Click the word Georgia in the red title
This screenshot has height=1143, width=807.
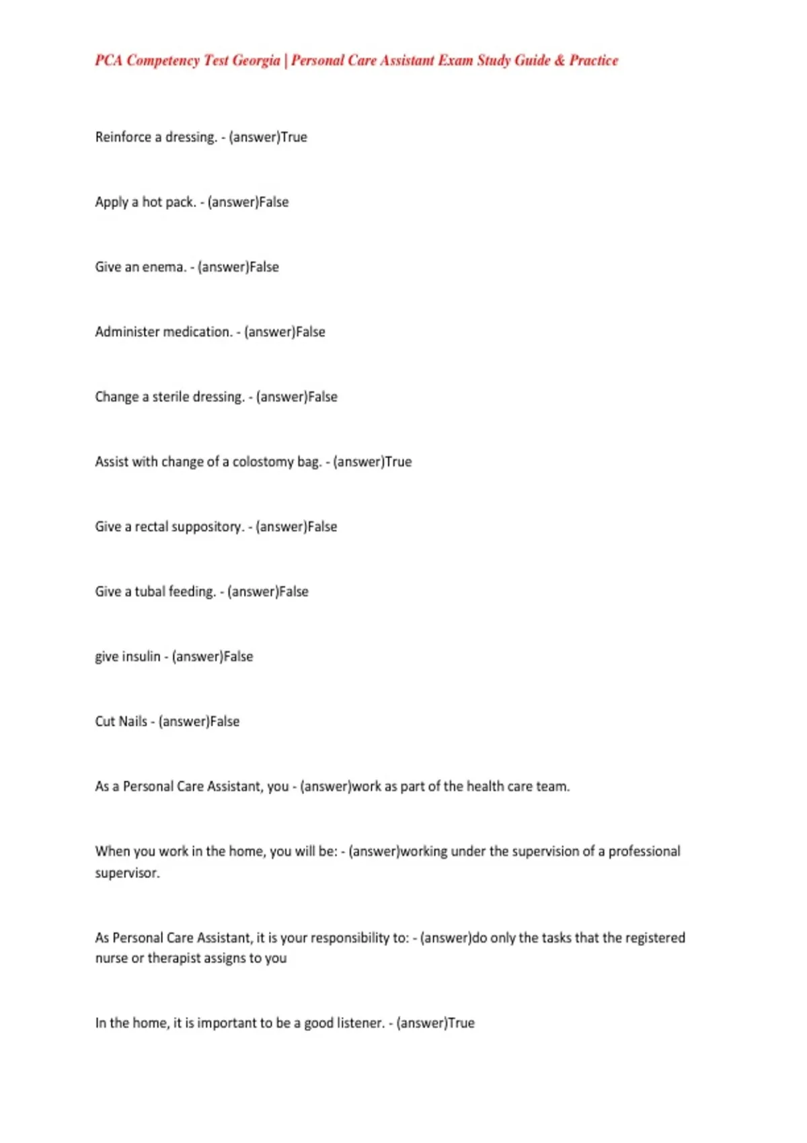click(256, 61)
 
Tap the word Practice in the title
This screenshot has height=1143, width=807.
click(593, 61)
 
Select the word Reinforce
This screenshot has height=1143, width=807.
click(123, 137)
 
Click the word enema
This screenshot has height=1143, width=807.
click(165, 267)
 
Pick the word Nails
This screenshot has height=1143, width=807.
click(132, 721)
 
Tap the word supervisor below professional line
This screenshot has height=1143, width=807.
click(127, 873)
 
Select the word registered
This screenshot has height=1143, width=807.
click(655, 938)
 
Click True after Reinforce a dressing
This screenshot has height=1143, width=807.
click(294, 137)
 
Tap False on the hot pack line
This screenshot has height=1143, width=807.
click(274, 202)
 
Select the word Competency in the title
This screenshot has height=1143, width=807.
click(163, 61)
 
